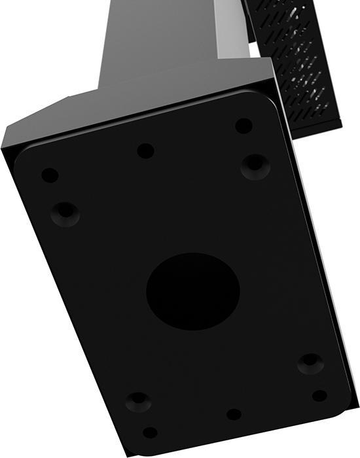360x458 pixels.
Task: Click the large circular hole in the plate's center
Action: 192,291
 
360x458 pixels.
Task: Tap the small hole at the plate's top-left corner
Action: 50,175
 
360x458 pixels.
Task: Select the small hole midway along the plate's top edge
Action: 145,150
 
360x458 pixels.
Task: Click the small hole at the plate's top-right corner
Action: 243,125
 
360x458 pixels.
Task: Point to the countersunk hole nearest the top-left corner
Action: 65,213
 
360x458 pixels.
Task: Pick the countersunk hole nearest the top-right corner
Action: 255,166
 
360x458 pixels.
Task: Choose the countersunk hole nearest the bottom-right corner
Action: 310,363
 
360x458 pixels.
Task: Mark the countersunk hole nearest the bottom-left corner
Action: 137,400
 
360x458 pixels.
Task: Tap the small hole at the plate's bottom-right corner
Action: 319,396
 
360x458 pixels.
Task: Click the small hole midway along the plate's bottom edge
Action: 234,414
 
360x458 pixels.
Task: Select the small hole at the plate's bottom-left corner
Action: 150,432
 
